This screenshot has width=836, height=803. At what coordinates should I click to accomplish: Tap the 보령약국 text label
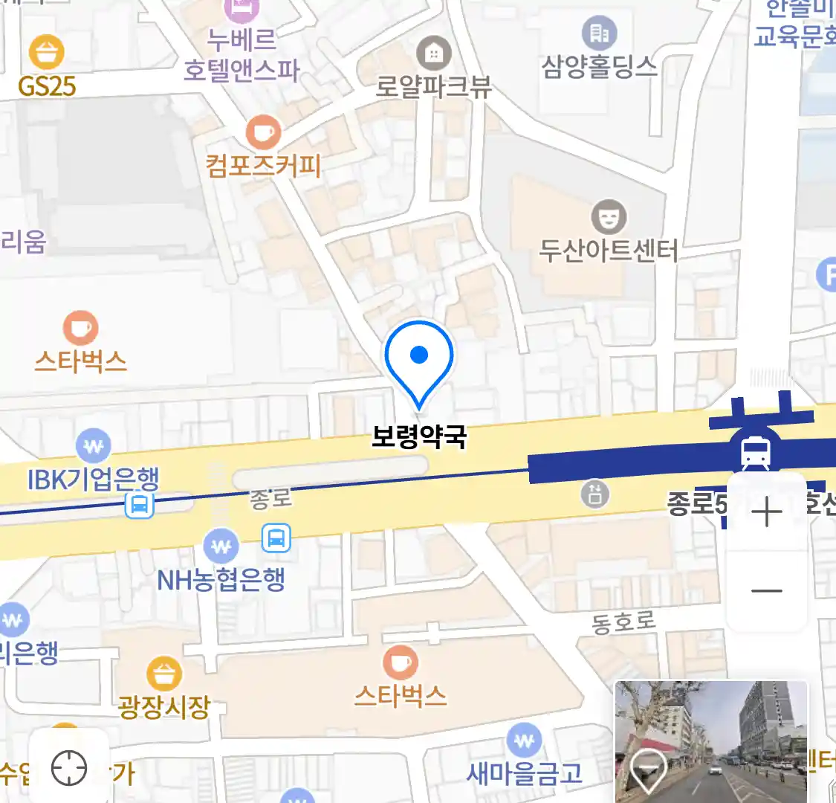tap(419, 436)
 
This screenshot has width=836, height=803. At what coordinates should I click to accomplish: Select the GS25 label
tap(47, 86)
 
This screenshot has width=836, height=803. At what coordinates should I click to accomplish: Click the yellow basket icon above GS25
tap(47, 52)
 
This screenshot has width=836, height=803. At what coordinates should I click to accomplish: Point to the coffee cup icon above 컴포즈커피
tap(263, 133)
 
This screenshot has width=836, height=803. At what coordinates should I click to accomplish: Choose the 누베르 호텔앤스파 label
tap(242, 54)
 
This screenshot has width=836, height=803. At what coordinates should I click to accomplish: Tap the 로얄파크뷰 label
tap(433, 86)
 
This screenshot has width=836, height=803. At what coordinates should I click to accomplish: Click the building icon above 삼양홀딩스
tap(599, 33)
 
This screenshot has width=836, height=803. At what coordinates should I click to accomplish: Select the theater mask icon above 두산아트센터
tap(609, 217)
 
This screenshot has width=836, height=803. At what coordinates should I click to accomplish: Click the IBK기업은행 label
tap(94, 479)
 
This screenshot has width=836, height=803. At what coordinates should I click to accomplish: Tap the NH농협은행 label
tap(221, 579)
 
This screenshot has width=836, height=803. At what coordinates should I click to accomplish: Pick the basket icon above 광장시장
tap(163, 674)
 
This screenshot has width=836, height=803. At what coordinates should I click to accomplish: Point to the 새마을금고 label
tap(524, 773)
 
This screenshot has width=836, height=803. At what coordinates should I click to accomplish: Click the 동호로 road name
tap(623, 622)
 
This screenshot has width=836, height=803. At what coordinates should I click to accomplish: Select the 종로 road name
tap(270, 498)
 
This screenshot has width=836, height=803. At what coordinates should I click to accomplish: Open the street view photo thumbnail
tap(711, 741)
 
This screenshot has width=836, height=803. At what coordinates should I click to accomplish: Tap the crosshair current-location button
tap(69, 767)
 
